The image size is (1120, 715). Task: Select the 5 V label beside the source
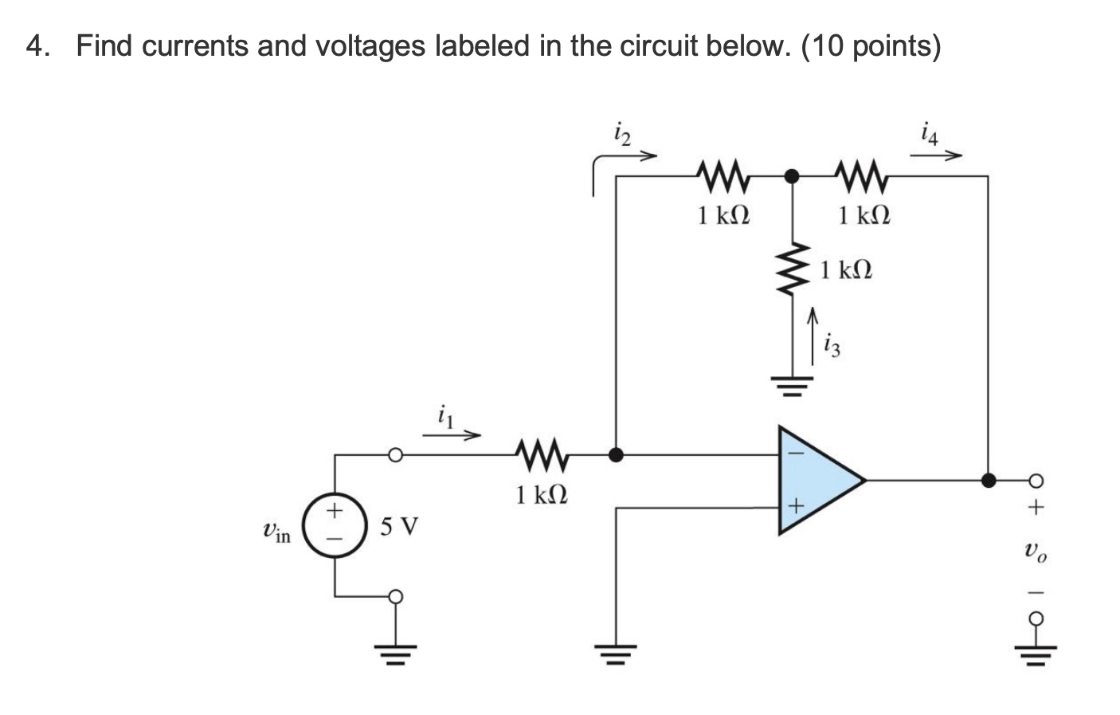coord(398,527)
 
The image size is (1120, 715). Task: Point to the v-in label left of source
coord(276,532)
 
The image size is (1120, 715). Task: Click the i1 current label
coord(445,416)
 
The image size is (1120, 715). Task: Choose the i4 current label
coord(929,133)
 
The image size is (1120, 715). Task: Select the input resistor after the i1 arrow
coord(542,456)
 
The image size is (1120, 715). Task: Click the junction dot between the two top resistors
coord(790,176)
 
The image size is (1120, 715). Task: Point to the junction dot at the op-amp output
coord(988,480)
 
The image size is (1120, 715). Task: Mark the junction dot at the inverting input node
coord(615,456)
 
